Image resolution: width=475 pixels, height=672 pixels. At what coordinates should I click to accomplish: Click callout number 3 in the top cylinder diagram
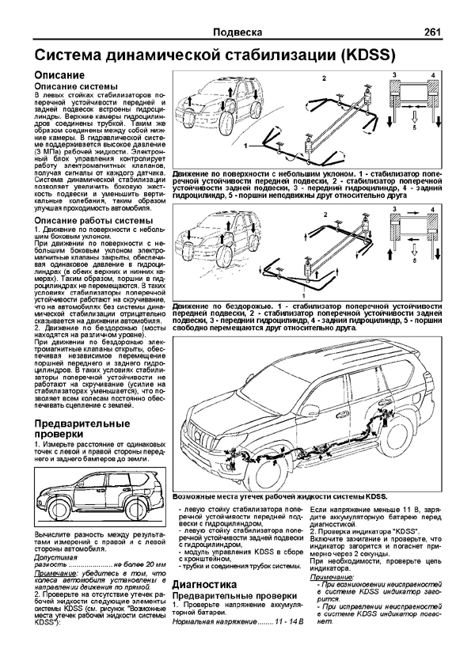click(x=393, y=74)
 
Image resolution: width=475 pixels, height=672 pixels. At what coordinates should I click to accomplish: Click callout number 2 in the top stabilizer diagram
click(x=323, y=79)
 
